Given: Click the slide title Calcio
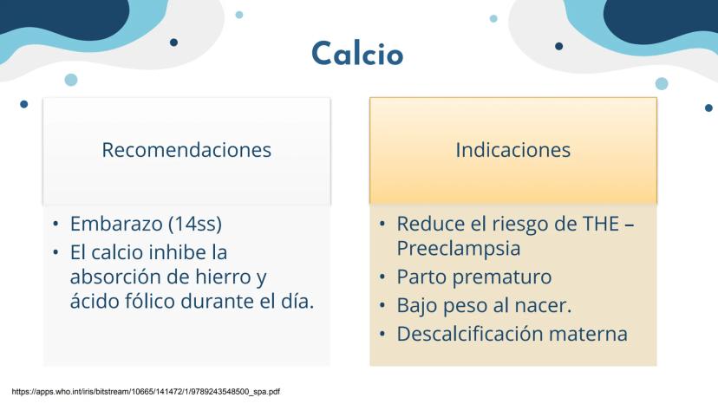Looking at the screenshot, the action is (357, 53).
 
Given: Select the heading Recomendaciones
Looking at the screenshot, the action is (186, 150).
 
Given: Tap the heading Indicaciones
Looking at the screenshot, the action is (512, 150).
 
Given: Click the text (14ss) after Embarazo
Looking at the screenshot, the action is (195, 224).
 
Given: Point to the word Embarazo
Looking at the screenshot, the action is (116, 224).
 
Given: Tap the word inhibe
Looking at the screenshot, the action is (177, 252).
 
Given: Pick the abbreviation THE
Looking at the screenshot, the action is (600, 224).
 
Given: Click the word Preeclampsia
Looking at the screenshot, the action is (459, 249).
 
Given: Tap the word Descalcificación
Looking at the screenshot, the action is (470, 334).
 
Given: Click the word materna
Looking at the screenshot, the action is (588, 334).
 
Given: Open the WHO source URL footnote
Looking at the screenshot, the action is (146, 392).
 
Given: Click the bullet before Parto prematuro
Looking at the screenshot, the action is (382, 277).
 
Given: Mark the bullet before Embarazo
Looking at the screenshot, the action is (55, 224).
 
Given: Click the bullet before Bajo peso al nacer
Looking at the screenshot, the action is (382, 305).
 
